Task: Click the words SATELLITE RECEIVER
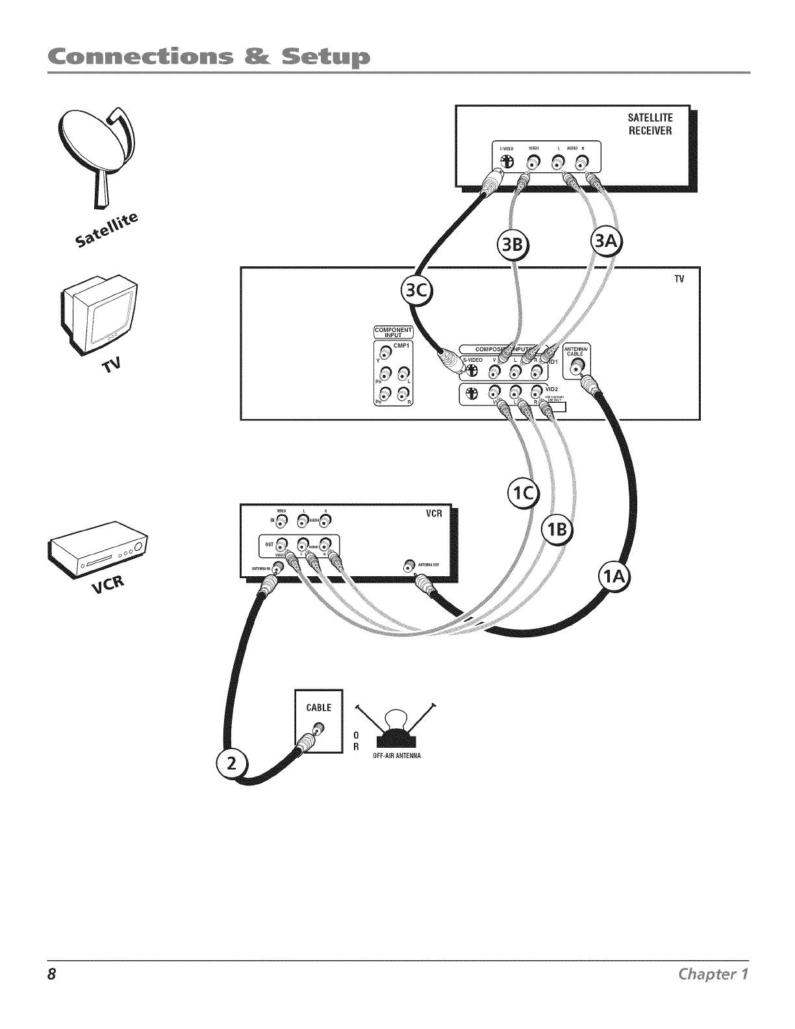point(650,124)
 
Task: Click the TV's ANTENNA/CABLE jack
point(575,369)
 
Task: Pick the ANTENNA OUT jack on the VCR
point(409,564)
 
